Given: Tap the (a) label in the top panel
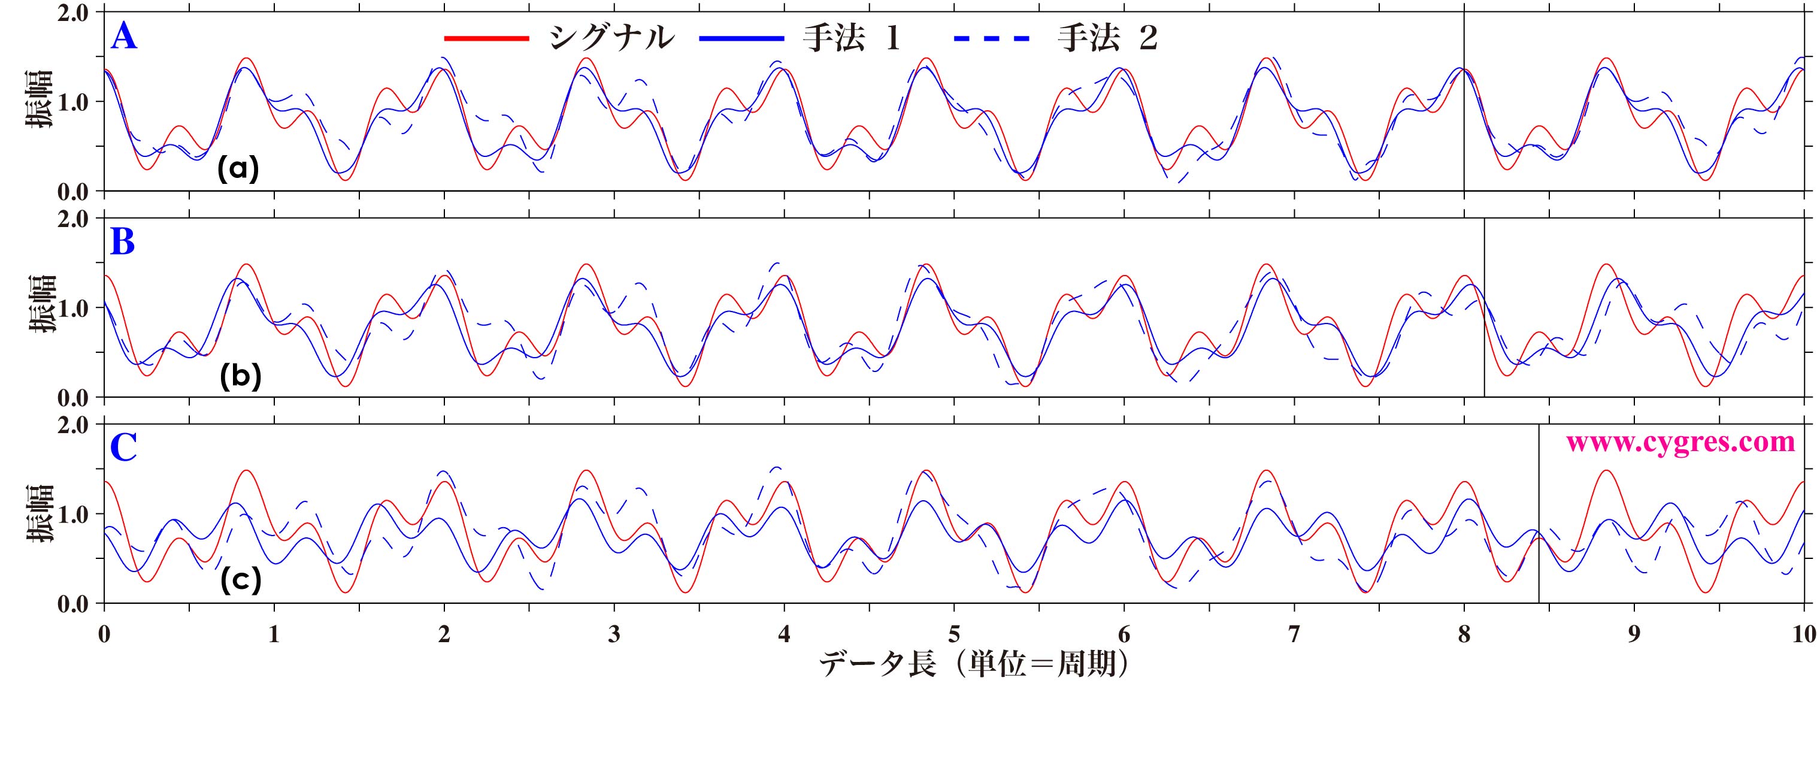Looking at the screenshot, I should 238,170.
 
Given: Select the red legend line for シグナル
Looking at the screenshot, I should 486,38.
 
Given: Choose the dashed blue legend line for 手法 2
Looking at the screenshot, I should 991,38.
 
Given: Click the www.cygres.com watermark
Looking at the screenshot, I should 1679,442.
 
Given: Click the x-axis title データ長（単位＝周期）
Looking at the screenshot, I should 973,663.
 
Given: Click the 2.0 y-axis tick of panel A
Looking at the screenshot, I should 73,13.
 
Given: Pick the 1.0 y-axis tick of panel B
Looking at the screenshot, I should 73,309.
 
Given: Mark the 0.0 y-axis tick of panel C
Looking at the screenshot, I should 73,604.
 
